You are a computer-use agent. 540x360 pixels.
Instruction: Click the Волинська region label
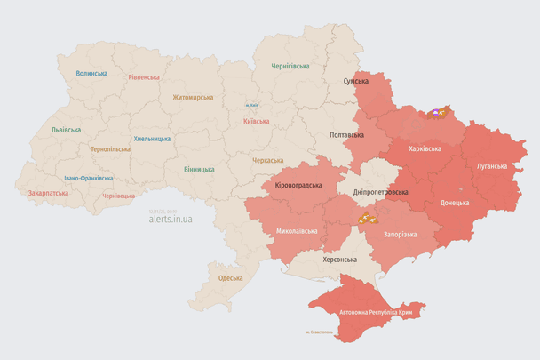tap(91, 74)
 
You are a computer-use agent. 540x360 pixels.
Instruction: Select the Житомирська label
tap(193, 97)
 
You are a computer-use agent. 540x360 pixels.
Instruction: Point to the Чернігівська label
tap(290, 66)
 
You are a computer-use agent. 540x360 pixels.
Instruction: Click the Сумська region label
tap(355, 81)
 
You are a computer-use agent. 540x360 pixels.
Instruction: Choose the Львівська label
tap(66, 130)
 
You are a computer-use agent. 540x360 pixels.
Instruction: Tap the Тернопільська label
tap(110, 149)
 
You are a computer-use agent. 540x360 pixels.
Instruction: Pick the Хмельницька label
tap(152, 139)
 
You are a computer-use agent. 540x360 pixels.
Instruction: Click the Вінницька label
tap(199, 169)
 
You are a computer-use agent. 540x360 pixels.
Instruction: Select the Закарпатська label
tap(48, 192)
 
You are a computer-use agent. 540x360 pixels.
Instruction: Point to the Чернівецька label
tap(118, 196)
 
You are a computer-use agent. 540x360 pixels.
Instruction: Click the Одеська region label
tap(230, 278)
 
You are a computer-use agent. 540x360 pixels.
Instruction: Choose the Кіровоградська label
tap(298, 185)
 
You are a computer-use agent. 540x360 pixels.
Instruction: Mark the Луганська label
tap(492, 165)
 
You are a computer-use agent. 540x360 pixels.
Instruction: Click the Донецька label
tap(455, 202)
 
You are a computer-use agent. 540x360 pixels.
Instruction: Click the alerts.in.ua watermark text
tap(171, 218)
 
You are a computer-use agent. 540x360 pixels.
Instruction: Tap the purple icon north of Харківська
tap(437, 113)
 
